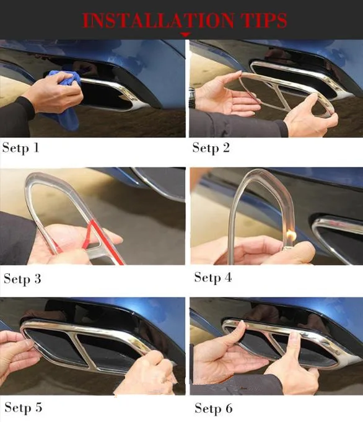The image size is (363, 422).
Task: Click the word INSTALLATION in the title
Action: (158, 20)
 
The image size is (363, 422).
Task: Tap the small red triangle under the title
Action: (185, 35)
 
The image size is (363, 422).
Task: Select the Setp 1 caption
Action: (20, 148)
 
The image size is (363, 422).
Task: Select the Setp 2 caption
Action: (211, 148)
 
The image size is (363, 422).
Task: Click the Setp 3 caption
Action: (22, 279)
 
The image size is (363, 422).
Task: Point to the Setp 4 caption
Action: (213, 278)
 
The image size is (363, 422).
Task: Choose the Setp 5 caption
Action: (23, 408)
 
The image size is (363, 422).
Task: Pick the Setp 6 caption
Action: (213, 408)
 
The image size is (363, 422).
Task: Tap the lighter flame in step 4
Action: (291, 235)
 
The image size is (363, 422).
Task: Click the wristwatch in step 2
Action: (192, 97)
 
